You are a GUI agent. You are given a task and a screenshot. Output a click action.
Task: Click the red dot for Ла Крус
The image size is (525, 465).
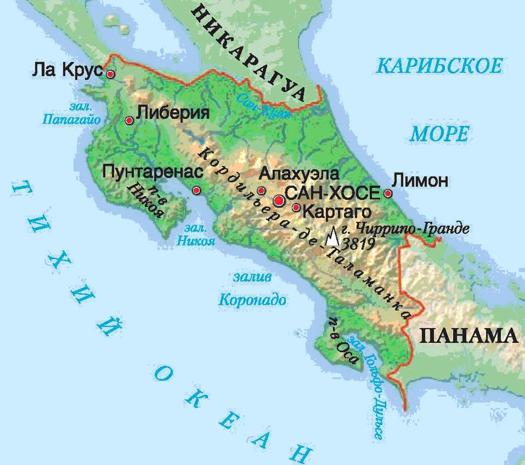click(110, 74)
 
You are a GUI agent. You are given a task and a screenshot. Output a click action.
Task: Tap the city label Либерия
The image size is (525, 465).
click(173, 114)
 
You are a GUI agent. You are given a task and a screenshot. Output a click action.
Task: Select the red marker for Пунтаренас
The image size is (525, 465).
click(197, 191)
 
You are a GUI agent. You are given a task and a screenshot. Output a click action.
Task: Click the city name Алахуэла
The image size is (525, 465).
click(299, 173)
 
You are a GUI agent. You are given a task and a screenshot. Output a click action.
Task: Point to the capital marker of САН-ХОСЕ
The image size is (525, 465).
click(279, 200)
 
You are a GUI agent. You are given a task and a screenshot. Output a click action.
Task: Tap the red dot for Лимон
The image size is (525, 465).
click(388, 194)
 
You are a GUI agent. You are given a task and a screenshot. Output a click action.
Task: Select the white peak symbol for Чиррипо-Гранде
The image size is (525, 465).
click(332, 238)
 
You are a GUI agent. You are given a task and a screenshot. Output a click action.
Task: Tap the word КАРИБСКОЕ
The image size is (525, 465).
click(440, 65)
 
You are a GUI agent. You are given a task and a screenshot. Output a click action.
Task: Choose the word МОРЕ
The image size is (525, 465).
click(439, 133)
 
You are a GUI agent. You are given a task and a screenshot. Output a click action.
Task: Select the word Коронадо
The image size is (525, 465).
click(252, 300)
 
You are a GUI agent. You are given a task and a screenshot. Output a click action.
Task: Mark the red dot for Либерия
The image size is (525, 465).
click(129, 120)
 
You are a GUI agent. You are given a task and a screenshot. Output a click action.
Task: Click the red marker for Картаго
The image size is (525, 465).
click(296, 208)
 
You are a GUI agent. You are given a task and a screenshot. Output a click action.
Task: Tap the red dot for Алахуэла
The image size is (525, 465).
click(261, 190)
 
